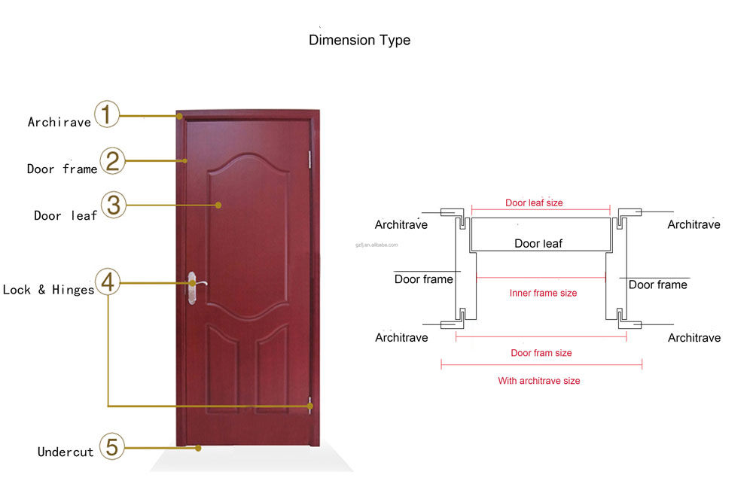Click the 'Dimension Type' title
(x=359, y=41)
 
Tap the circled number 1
(x=107, y=114)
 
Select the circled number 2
(x=112, y=161)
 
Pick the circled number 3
(x=114, y=205)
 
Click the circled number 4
(x=108, y=282)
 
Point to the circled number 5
(x=112, y=446)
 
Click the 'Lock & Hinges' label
(x=48, y=290)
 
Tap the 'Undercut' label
(x=66, y=452)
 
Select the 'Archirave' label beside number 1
(x=59, y=123)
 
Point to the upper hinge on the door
(x=309, y=160)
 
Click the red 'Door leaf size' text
(x=534, y=203)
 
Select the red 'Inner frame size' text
(x=543, y=294)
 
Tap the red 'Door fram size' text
(x=541, y=353)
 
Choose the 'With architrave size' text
(x=539, y=381)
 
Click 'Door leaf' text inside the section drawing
(x=538, y=244)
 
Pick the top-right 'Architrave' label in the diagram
(x=694, y=224)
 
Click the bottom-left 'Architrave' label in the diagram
(x=401, y=338)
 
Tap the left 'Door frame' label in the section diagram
(x=423, y=279)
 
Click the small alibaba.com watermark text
(x=376, y=245)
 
